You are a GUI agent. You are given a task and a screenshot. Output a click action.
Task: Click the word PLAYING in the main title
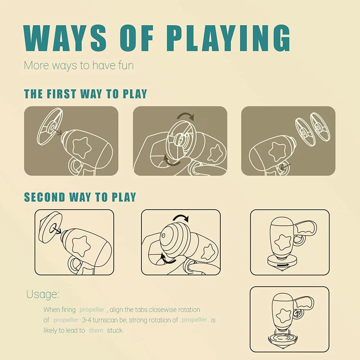tap(229, 38)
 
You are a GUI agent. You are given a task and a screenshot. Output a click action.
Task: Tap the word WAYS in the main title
tap(65, 38)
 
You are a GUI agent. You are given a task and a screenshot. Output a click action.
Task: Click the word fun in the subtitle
tap(126, 65)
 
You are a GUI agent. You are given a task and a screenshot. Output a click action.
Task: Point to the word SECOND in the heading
tap(45, 197)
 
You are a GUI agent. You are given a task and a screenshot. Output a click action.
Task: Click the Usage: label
tap(42, 294)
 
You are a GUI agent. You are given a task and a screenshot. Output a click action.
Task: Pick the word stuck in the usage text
tap(115, 330)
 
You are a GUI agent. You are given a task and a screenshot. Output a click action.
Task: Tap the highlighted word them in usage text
tap(96, 330)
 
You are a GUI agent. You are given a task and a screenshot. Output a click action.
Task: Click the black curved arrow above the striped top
tap(180, 218)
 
